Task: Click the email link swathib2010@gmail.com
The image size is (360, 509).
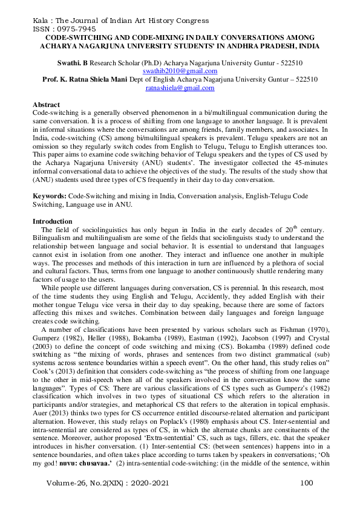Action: (180, 71)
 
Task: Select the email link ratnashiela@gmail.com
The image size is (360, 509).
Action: (180, 88)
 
